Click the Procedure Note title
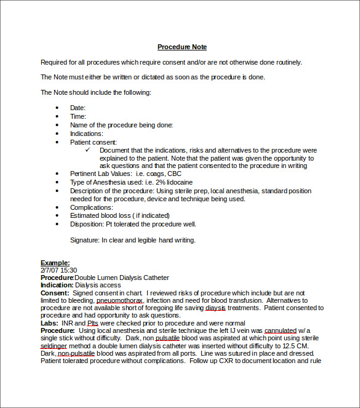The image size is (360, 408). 182,47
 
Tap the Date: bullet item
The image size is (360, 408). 78,108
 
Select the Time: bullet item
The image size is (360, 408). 78,116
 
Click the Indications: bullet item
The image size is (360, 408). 86,133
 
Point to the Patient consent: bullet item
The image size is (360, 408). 93,142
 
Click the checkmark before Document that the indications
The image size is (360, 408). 88,150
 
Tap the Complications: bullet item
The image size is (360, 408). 91,207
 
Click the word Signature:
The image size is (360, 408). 84,240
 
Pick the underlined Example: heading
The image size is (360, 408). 55,263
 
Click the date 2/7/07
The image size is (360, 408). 49,270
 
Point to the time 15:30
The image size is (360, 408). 68,270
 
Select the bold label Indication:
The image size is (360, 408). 57,285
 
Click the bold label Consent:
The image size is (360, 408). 54,293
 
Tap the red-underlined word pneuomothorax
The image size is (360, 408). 120,300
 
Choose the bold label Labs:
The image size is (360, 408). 50,323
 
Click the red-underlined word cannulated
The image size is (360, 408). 281,330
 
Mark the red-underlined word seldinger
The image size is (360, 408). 53,346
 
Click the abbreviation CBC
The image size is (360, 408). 174,174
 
